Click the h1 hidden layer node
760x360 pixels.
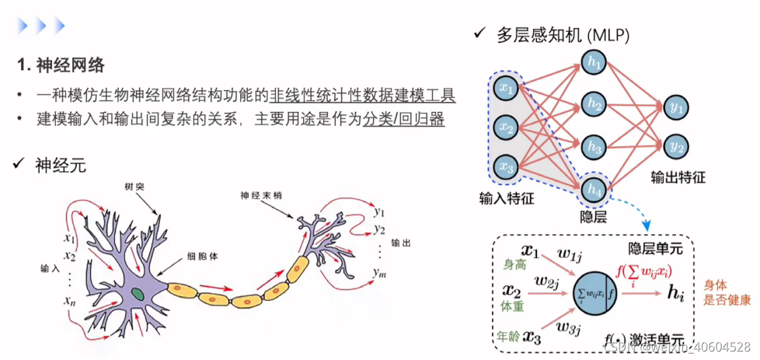coord(593,65)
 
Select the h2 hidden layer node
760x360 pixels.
coord(593,104)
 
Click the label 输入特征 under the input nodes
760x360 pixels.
coord(506,198)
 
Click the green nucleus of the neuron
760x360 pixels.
coord(138,293)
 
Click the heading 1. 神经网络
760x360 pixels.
coord(61,66)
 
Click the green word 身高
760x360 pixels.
coord(514,266)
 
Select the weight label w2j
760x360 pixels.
coord(547,283)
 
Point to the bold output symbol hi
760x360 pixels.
coord(677,293)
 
